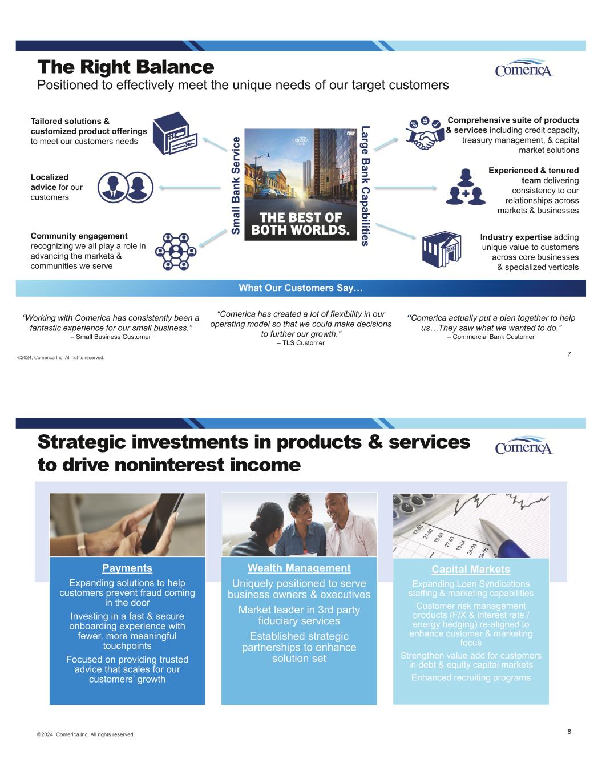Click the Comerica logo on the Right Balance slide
[524, 68]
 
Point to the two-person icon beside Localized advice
[125, 187]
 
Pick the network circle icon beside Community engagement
[176, 251]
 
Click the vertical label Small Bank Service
[235, 185]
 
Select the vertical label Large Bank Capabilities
[365, 185]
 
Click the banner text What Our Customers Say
[301, 288]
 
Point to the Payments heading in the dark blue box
[127, 568]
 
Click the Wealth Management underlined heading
[299, 568]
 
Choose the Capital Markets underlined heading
[471, 570]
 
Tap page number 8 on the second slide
[569, 731]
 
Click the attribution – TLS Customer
[301, 343]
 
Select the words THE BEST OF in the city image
[301, 218]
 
